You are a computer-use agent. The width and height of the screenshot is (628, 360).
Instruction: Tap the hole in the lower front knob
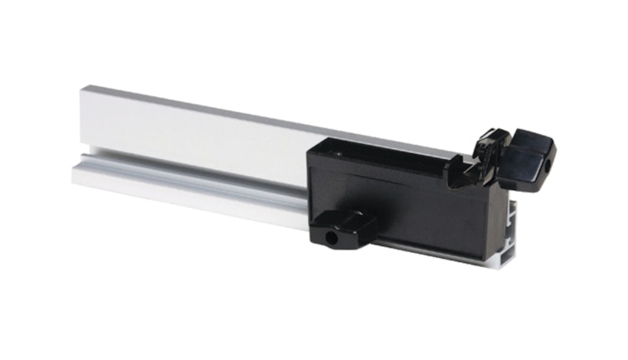[332, 238]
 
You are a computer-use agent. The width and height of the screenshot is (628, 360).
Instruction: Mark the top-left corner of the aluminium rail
[82, 86]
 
